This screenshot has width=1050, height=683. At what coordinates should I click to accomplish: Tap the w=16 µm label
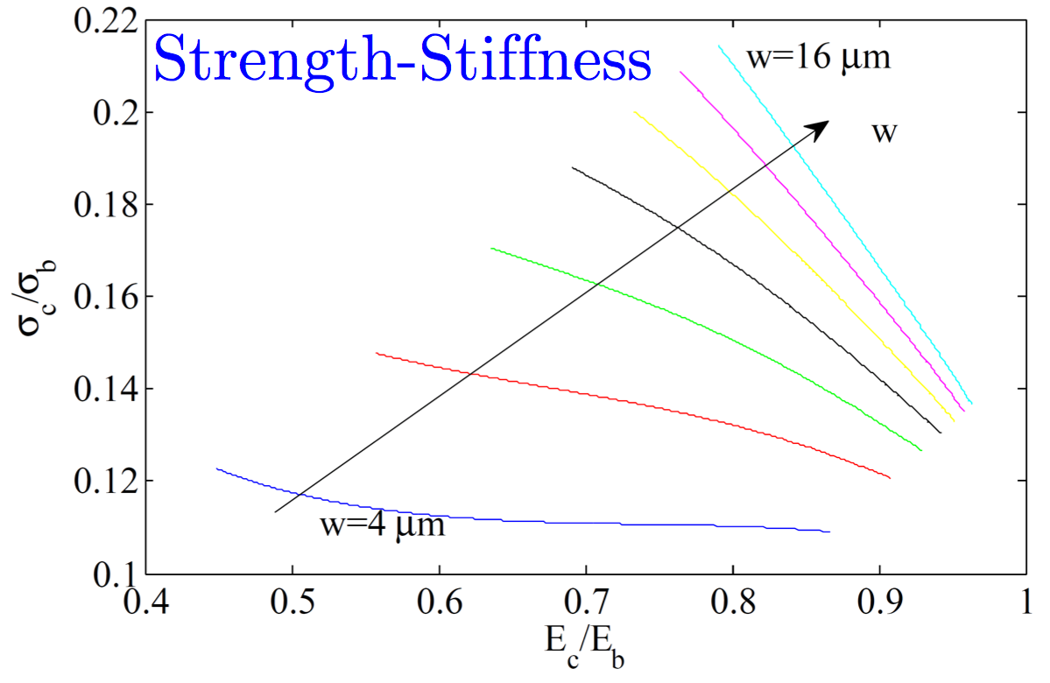(818, 59)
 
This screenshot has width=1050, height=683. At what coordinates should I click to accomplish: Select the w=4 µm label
(382, 526)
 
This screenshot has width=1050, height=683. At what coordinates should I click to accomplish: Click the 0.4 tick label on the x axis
(146, 603)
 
